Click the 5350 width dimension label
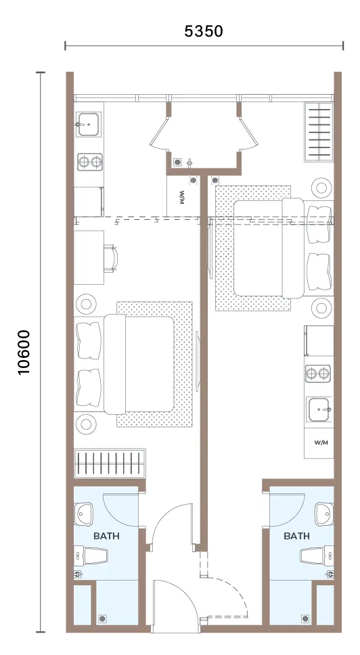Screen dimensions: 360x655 [x=204, y=31]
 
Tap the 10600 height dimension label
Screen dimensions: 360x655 [x=24, y=352]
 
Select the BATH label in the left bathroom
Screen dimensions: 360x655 [x=106, y=535]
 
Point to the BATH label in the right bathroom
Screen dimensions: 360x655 [x=297, y=535]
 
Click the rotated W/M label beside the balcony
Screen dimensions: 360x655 [x=181, y=197]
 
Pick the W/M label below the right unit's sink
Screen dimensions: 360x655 [x=321, y=443]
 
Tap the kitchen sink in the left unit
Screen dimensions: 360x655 [x=88, y=124]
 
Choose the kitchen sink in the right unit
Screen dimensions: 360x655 [x=319, y=409]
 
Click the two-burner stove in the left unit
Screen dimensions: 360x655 [x=90, y=161]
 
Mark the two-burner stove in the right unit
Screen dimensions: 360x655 [x=318, y=374]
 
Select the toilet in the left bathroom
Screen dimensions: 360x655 [x=91, y=556]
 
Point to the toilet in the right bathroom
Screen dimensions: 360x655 [x=317, y=556]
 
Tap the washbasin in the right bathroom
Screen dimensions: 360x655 [x=324, y=514]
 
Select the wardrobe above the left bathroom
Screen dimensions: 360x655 [x=110, y=464]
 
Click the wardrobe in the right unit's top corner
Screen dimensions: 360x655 [x=319, y=132]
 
